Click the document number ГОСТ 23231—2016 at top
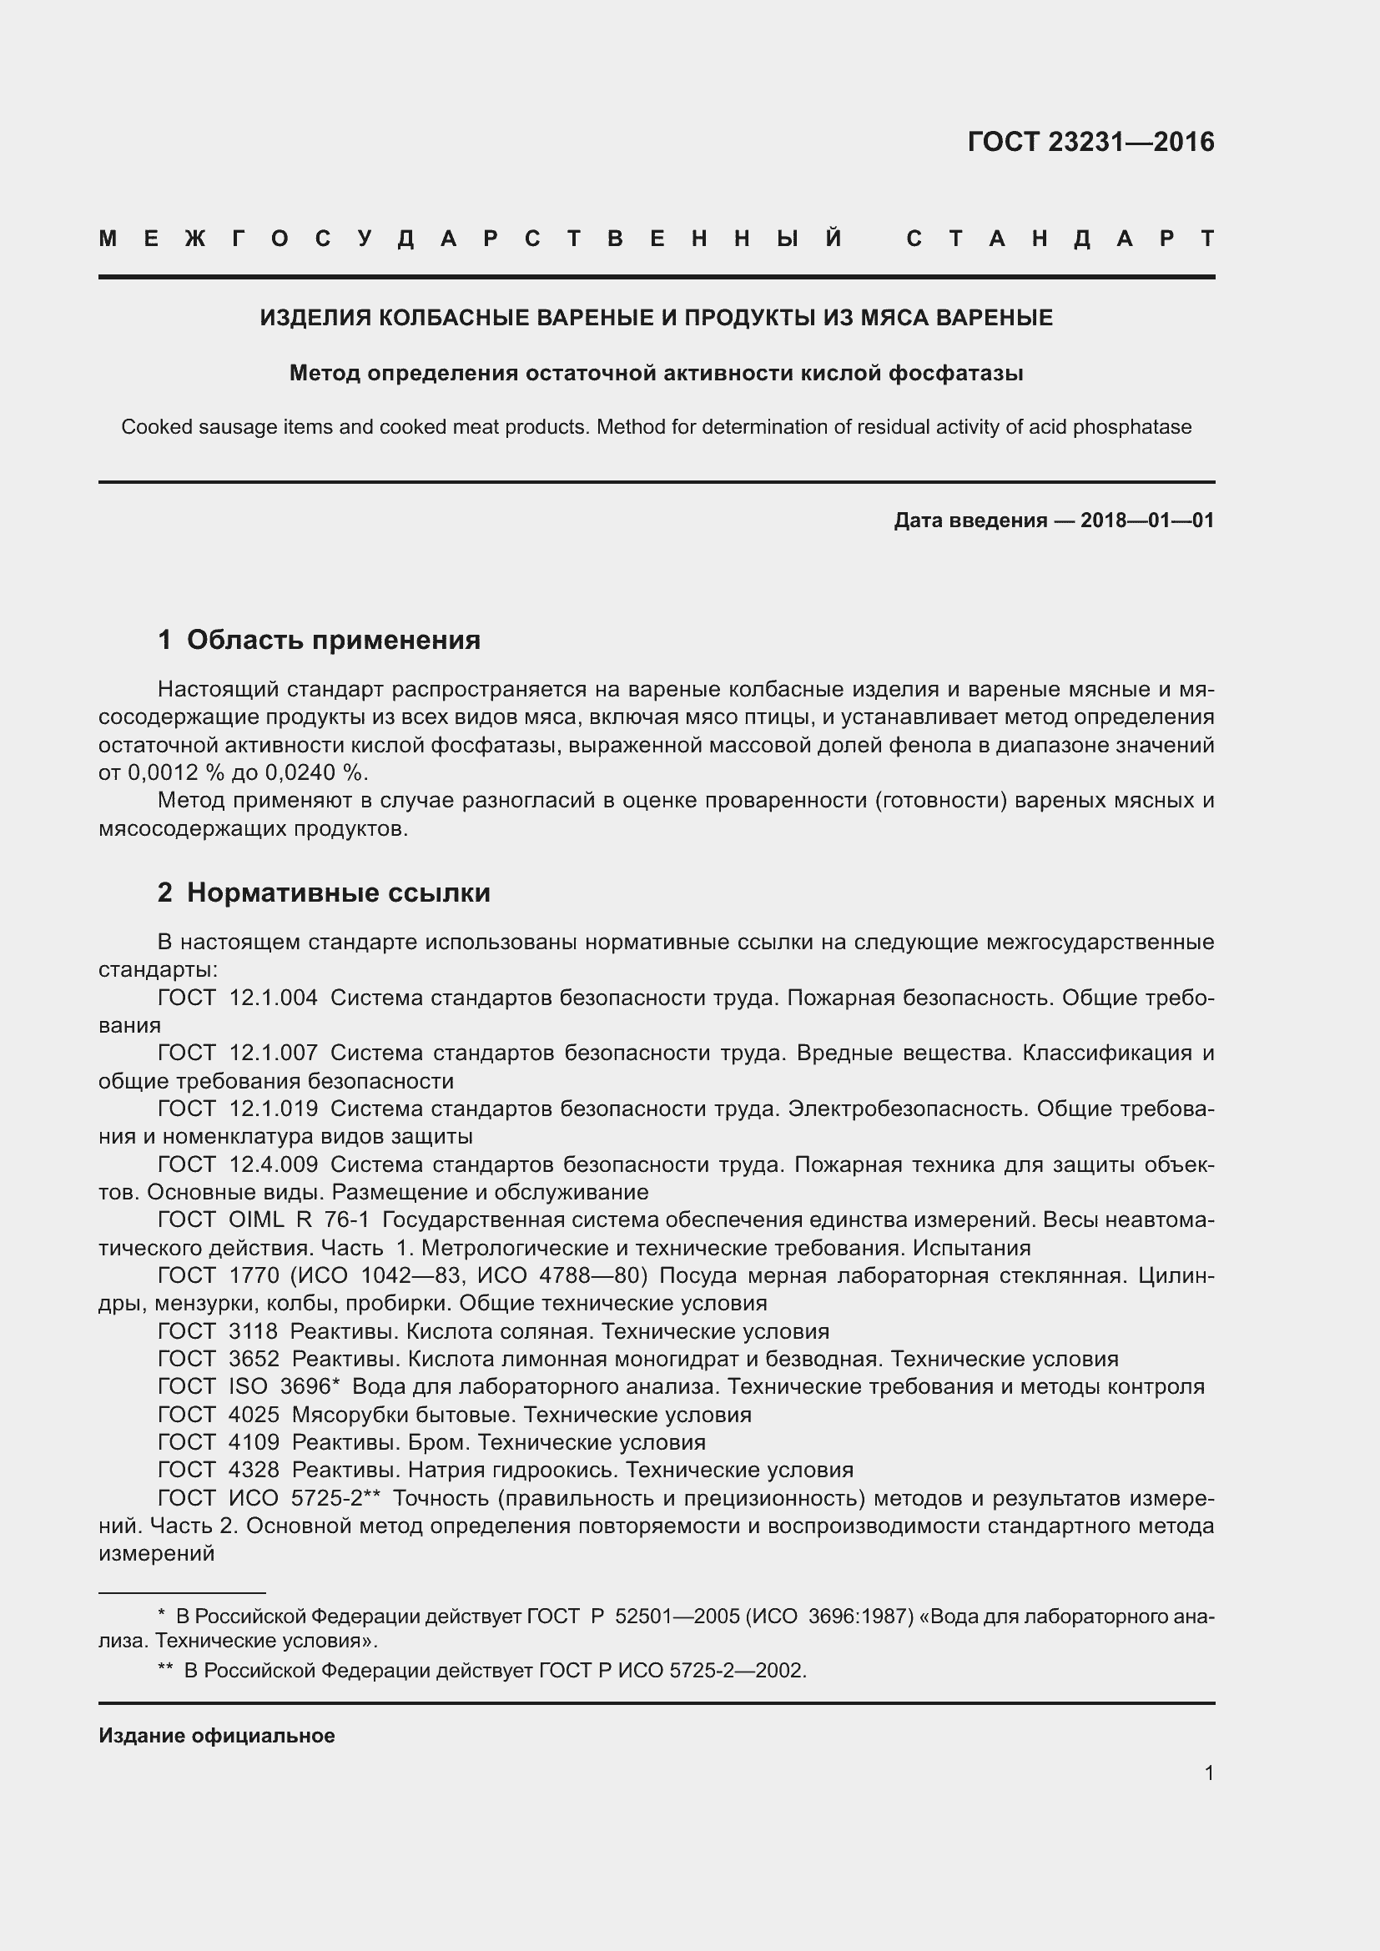click(1090, 142)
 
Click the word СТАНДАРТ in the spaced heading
click(1060, 239)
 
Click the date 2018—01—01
click(1147, 520)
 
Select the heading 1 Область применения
click(319, 640)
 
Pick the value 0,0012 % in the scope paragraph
click(170, 772)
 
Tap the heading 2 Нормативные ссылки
click(324, 893)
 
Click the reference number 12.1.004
click(273, 998)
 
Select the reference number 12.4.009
click(273, 1164)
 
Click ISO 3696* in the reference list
click(284, 1387)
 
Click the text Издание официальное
click(217, 1736)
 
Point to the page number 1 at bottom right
click(1208, 1773)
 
